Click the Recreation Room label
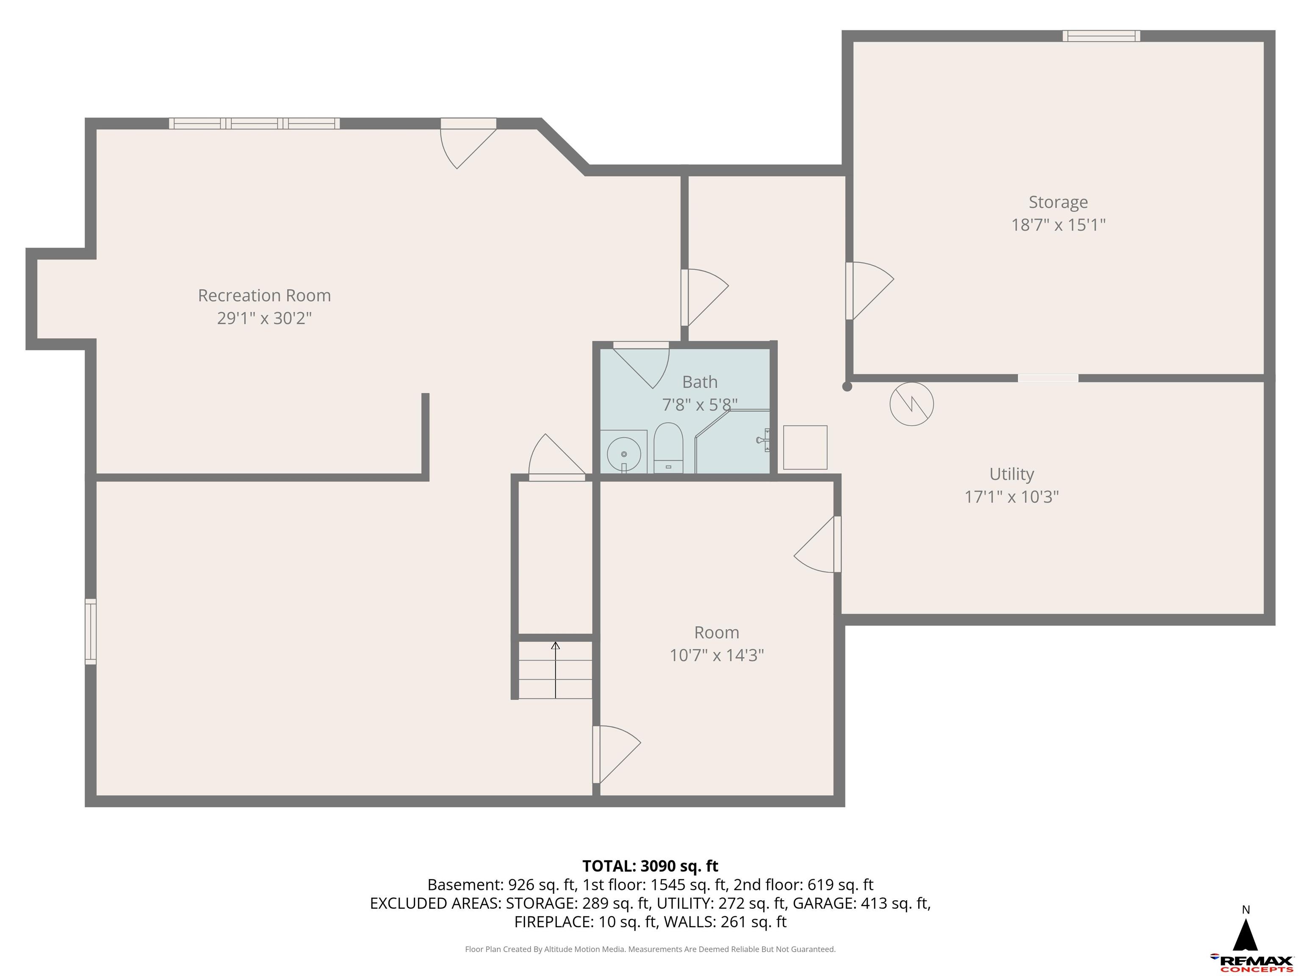coord(264,295)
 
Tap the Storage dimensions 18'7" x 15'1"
coord(1058,225)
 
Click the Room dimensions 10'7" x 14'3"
coord(717,655)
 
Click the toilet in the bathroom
coord(668,447)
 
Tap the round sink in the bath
coord(623,454)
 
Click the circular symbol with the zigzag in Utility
coord(911,404)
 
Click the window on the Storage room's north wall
coord(1101,36)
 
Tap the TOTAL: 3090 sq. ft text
coord(650,866)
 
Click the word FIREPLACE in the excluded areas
coord(553,922)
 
